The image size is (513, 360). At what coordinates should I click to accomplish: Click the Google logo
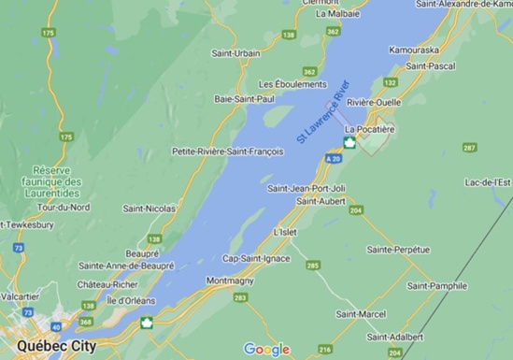click(x=266, y=350)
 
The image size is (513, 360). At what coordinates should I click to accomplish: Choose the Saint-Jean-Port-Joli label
click(x=306, y=188)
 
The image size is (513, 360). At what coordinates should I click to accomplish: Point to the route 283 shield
click(x=241, y=298)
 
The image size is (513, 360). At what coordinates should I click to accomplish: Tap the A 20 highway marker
click(x=334, y=160)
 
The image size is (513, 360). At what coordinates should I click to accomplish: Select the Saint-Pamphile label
click(x=435, y=284)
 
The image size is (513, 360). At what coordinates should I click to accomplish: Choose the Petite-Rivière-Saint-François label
click(x=228, y=151)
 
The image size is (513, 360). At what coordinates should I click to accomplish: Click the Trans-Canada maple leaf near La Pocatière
click(x=349, y=143)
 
